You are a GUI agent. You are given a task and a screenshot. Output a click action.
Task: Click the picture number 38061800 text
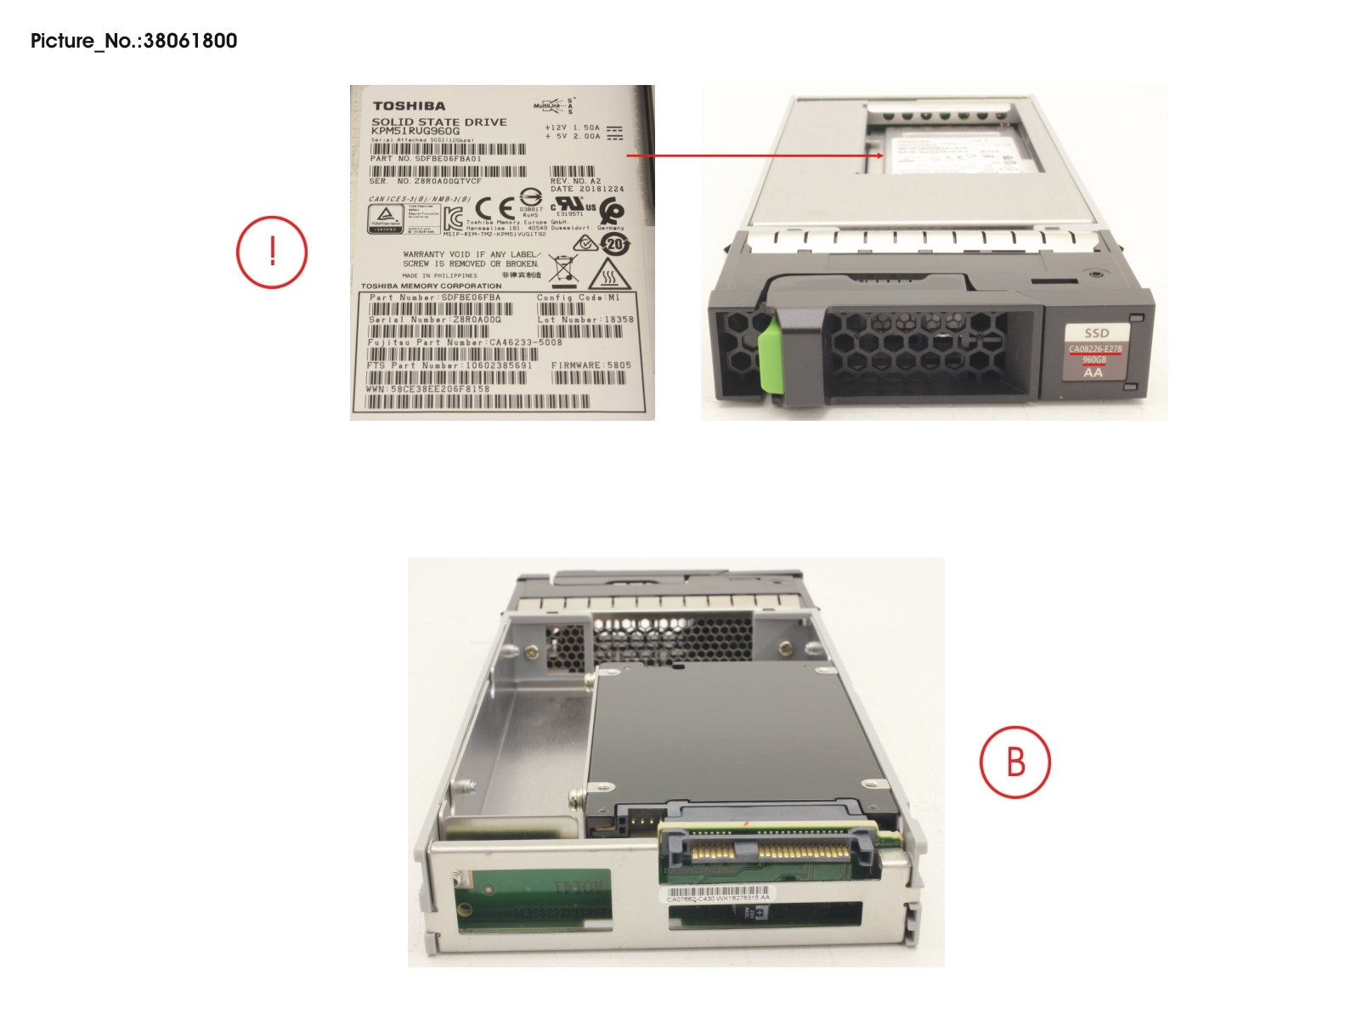tap(134, 41)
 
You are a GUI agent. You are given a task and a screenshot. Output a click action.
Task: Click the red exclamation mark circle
tap(272, 252)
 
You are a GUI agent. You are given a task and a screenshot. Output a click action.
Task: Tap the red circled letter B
tap(1015, 762)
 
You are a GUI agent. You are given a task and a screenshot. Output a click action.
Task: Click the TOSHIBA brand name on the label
tap(409, 106)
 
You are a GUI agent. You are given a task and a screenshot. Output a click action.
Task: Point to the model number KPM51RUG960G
tap(415, 132)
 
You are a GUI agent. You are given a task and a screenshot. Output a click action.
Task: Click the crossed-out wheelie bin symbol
tap(562, 269)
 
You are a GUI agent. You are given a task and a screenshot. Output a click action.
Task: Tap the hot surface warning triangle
tap(608, 275)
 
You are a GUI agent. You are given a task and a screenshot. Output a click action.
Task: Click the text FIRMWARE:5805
tap(591, 366)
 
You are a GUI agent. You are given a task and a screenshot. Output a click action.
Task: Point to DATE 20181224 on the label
tap(587, 190)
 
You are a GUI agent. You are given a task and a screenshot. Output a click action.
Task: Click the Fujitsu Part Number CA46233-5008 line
tap(465, 343)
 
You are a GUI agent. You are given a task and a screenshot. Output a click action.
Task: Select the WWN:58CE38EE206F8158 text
tap(427, 389)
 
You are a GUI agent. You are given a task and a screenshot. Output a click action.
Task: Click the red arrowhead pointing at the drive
tap(879, 156)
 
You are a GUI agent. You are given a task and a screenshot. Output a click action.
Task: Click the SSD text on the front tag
tap(1096, 333)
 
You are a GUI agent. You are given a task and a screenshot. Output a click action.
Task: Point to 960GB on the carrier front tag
tap(1094, 360)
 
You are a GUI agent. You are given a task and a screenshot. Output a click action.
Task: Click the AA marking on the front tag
tap(1094, 372)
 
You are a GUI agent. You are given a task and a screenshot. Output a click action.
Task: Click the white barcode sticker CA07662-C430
tap(718, 895)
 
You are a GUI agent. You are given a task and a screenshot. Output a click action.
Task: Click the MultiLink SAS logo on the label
tap(553, 106)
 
